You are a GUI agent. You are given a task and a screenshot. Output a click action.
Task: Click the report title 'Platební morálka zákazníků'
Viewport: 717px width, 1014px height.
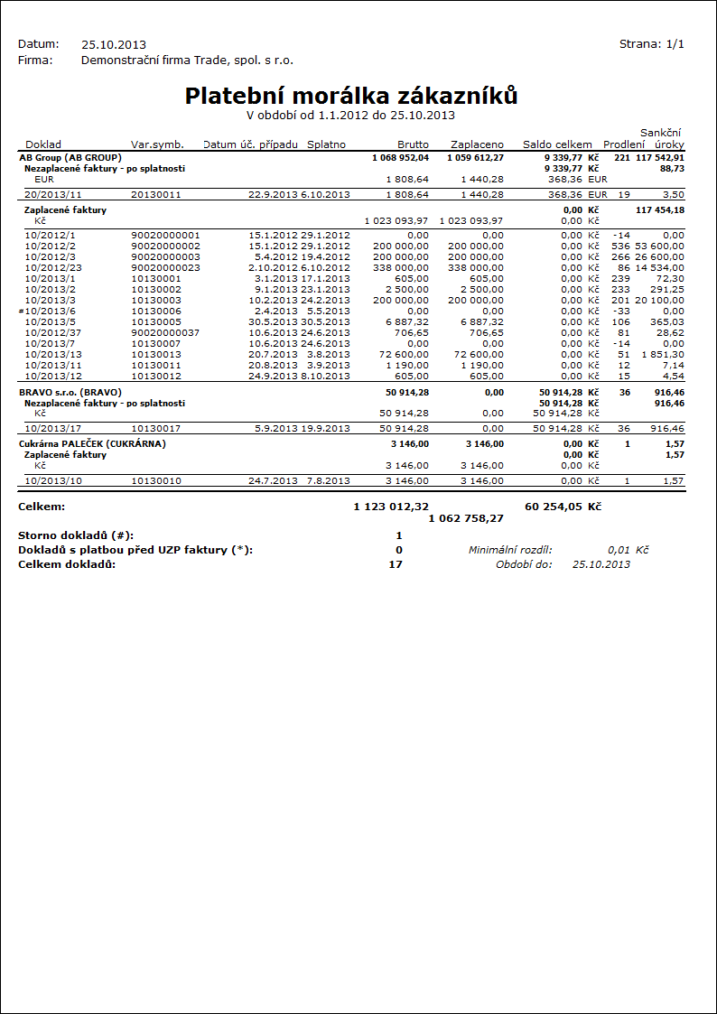tap(351, 96)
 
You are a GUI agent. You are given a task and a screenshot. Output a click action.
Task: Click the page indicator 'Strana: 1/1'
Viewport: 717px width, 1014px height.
tap(651, 44)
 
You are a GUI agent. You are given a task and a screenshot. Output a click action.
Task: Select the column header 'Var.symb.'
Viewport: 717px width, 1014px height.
tap(157, 144)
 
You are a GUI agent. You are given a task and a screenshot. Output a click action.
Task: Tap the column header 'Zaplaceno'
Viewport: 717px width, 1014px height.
tap(477, 144)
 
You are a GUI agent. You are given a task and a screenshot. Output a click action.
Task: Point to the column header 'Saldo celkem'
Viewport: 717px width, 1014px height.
tap(557, 144)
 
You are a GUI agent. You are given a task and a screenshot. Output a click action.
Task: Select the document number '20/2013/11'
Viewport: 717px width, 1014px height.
tap(52, 194)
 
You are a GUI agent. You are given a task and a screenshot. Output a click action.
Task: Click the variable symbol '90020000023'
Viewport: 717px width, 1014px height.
tap(165, 268)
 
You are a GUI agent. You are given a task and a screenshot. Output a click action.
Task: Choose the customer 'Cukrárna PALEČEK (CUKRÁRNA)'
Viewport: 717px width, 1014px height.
tap(92, 444)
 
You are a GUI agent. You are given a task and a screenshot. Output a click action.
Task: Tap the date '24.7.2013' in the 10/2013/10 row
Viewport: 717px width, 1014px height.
tap(274, 481)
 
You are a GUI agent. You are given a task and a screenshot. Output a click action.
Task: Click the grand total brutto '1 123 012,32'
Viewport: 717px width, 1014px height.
tap(391, 507)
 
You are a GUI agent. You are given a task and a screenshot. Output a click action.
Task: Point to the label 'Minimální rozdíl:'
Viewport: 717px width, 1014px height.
tap(510, 550)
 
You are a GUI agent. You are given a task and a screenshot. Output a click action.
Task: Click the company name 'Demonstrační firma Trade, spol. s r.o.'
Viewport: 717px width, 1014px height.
tap(187, 60)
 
